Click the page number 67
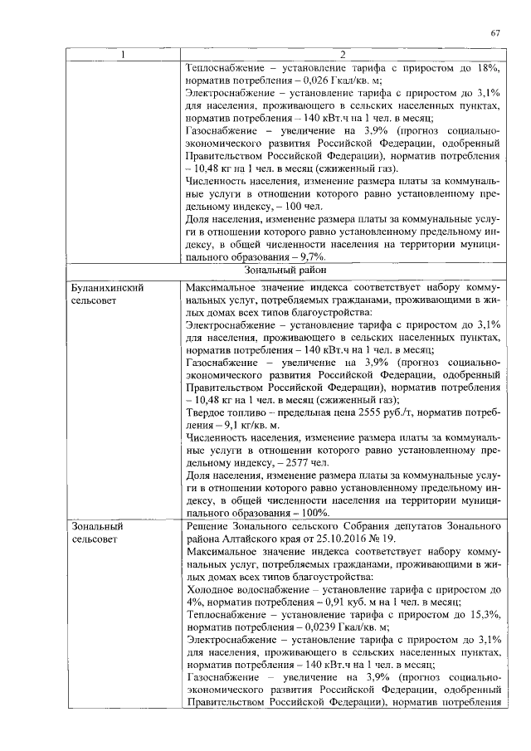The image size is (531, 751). click(x=495, y=33)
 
